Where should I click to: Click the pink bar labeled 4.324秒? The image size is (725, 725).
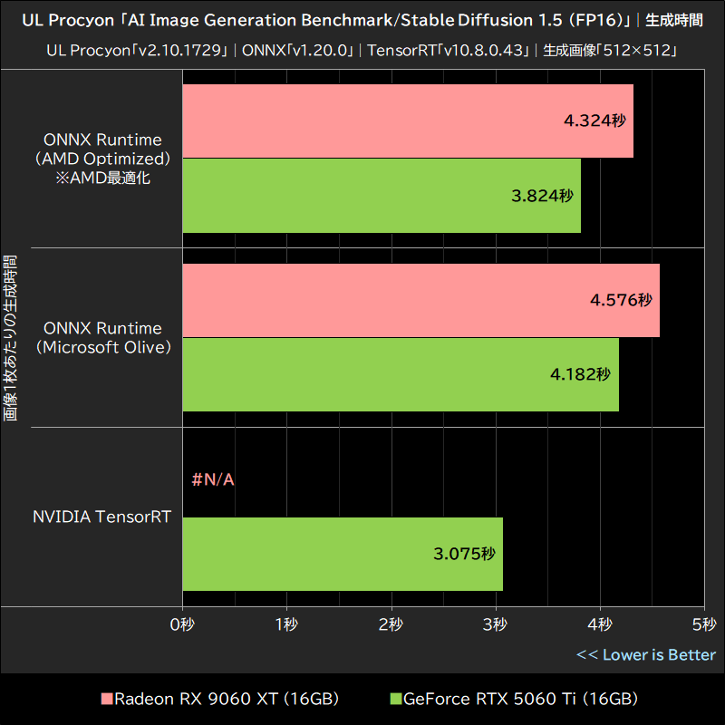tap(408, 121)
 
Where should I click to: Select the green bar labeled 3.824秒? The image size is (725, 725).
tap(382, 196)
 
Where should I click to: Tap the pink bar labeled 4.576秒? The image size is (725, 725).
tap(420, 300)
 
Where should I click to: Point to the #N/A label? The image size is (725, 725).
tap(213, 479)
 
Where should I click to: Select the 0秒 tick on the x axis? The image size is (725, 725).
tap(183, 624)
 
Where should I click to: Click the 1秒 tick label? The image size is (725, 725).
tap(287, 624)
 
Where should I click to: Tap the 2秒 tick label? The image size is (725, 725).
tap(391, 624)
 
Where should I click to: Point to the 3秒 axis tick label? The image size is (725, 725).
tap(496, 624)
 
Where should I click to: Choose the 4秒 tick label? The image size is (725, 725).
tap(600, 624)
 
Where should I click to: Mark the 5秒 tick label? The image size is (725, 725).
tap(704, 624)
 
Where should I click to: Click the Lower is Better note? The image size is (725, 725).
tap(646, 655)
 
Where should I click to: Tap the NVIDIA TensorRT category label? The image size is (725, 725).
tap(102, 517)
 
